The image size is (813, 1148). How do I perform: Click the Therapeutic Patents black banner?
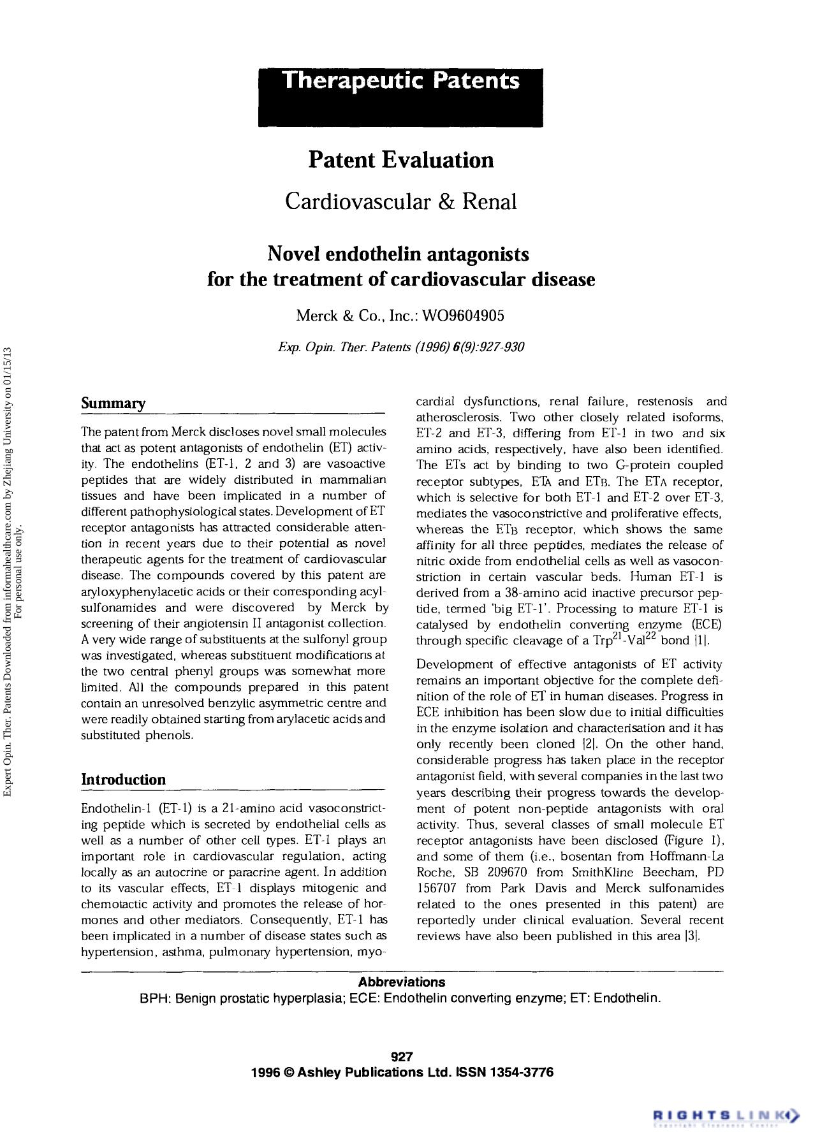pyautogui.click(x=400, y=98)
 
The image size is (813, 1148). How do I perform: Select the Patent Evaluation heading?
pyautogui.click(x=400, y=159)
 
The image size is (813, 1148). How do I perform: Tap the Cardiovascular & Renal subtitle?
pyautogui.click(x=400, y=201)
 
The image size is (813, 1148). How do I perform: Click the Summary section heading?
pyautogui.click(x=114, y=403)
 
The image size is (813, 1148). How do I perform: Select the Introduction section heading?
pyautogui.click(x=123, y=780)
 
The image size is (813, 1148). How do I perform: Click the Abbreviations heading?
pyautogui.click(x=401, y=982)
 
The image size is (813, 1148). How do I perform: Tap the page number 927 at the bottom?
pyautogui.click(x=402, y=1057)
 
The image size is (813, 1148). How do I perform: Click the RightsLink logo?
pyautogui.click(x=726, y=1115)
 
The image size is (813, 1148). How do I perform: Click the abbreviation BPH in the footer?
pyautogui.click(x=153, y=998)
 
